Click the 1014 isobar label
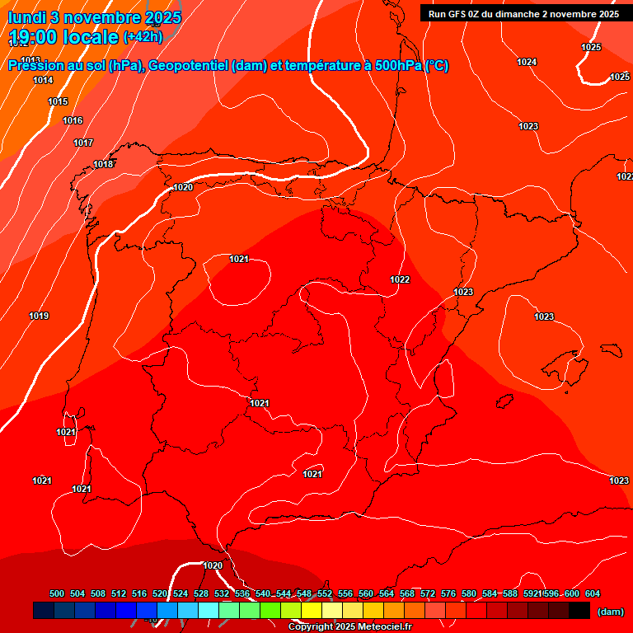pyautogui.click(x=43, y=80)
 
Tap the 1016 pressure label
pyautogui.click(x=73, y=121)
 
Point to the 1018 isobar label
pyautogui.click(x=103, y=164)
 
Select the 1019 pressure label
pyautogui.click(x=39, y=316)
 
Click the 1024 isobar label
pyautogui.click(x=527, y=62)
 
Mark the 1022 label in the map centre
pyautogui.click(x=400, y=279)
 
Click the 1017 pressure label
pyautogui.click(x=83, y=143)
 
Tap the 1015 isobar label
pyautogui.click(x=58, y=101)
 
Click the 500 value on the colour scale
pyautogui.click(x=57, y=593)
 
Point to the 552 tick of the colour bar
pyautogui.click(x=325, y=593)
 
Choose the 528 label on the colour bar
pyautogui.click(x=201, y=593)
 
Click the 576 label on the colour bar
pyautogui.click(x=448, y=593)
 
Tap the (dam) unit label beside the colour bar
pyautogui.click(x=610, y=612)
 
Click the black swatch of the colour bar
pyautogui.click(x=579, y=610)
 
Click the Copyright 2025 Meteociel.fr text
pyautogui.click(x=349, y=626)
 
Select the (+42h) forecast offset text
pyautogui.click(x=143, y=37)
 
